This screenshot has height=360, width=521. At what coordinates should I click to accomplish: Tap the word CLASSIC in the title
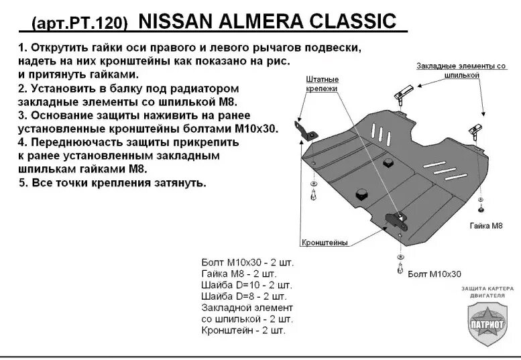tap(357, 22)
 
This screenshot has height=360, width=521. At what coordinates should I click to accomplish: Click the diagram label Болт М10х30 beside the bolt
tap(434, 274)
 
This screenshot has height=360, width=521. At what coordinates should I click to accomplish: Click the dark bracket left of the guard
tap(303, 130)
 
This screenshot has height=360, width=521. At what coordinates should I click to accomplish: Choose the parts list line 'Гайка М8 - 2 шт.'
tap(238, 273)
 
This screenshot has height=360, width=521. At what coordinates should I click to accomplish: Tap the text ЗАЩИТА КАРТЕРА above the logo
tap(487, 288)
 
